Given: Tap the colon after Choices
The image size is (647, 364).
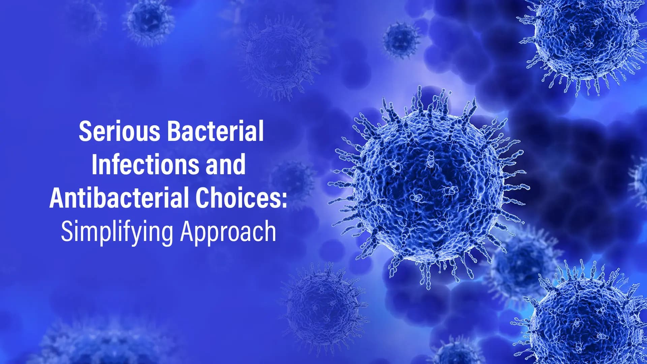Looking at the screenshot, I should (x=284, y=201).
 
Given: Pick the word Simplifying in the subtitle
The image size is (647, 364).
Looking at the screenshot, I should (x=117, y=232).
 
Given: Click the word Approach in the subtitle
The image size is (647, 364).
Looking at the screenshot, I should (x=228, y=232).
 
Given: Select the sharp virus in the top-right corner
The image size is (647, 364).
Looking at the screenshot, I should (x=585, y=39).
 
